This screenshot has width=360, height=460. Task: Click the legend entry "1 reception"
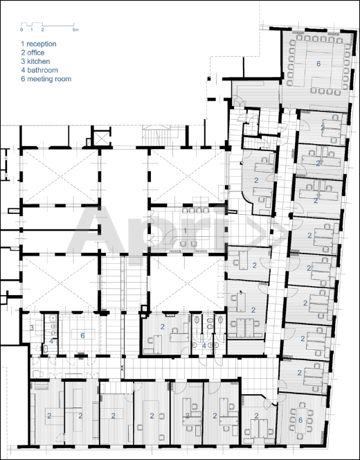click(x=38, y=44)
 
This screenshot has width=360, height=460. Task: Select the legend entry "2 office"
click(x=33, y=53)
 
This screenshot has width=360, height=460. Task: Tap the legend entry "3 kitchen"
click(x=35, y=62)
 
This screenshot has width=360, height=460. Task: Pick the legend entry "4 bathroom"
click(x=39, y=70)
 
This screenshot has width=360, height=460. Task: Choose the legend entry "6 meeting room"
click(x=46, y=79)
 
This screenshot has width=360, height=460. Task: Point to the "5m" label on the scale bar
click(x=75, y=30)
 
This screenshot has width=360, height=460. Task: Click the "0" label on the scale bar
click(x=21, y=30)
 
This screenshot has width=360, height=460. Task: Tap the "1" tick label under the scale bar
click(x=32, y=30)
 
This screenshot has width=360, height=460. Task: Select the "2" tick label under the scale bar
click(x=42, y=30)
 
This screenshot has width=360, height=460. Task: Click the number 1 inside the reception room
click(x=185, y=231)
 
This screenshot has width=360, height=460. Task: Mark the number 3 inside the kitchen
click(x=32, y=328)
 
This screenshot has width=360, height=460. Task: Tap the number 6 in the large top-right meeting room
click(x=318, y=64)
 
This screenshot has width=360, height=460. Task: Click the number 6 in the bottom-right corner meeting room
click(x=300, y=420)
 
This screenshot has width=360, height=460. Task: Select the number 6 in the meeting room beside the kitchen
click(x=82, y=335)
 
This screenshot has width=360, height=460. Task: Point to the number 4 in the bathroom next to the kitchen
click(x=51, y=341)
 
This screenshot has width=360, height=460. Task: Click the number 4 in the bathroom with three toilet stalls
click(x=204, y=346)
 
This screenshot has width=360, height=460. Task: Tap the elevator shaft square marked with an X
click(x=102, y=138)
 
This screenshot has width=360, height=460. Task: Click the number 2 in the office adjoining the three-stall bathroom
click(x=163, y=326)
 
